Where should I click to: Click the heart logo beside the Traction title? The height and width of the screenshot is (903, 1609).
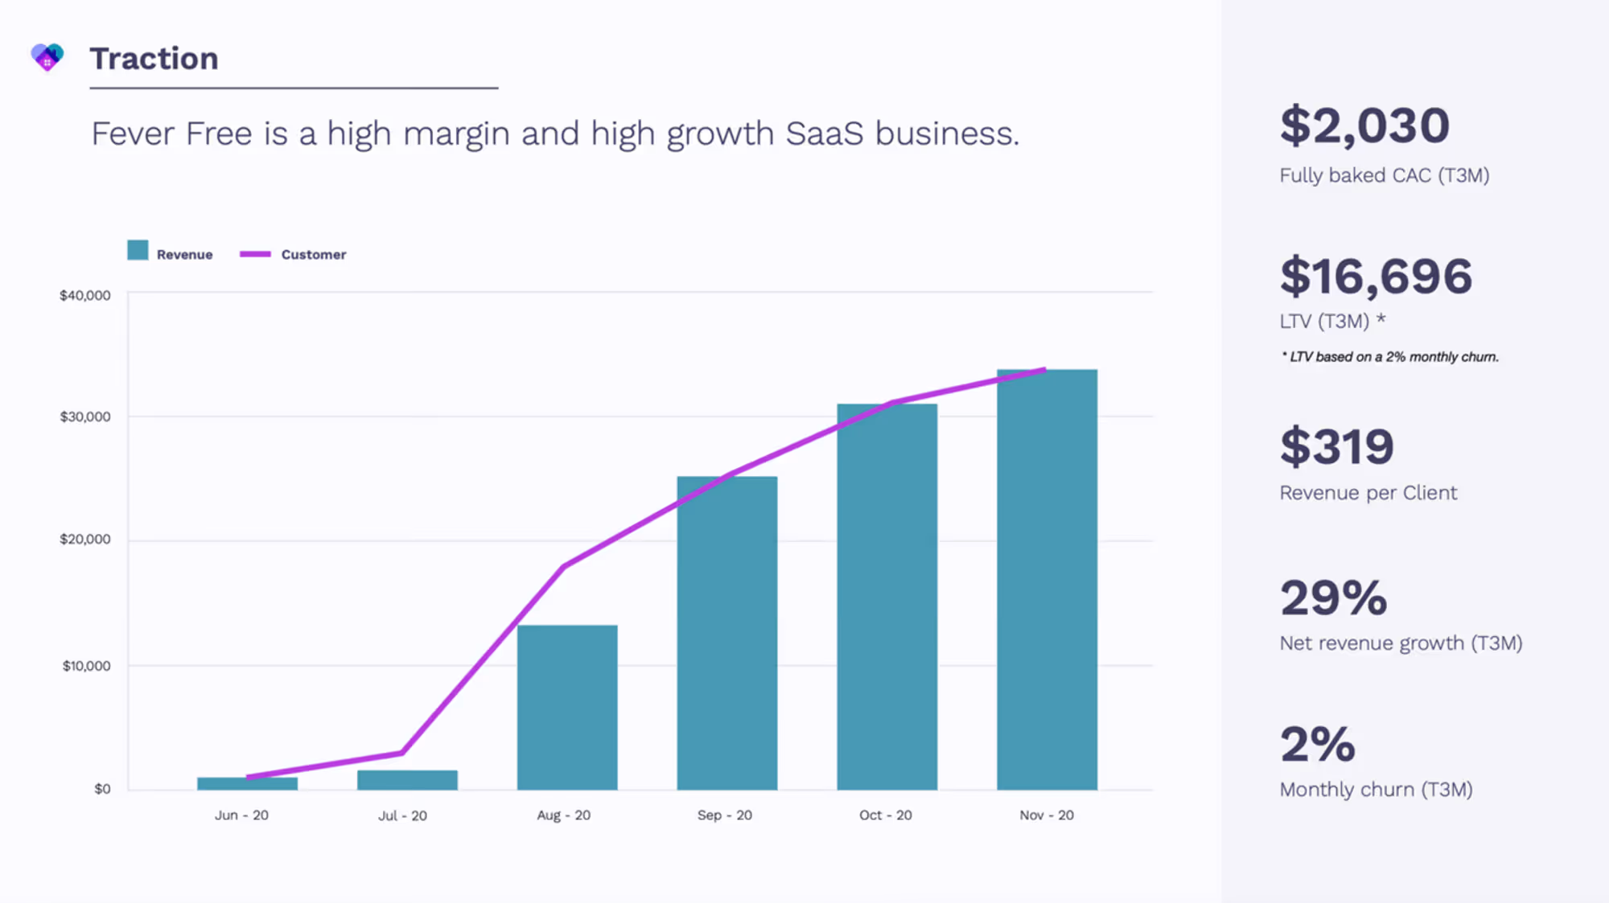click(47, 57)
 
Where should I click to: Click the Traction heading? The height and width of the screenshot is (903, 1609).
click(154, 59)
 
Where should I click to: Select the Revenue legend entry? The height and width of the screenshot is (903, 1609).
click(170, 252)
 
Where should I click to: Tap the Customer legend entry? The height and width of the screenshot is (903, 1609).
click(293, 254)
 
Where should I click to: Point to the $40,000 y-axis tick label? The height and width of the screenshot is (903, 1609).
click(85, 295)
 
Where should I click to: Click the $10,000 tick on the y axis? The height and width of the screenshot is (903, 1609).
click(87, 666)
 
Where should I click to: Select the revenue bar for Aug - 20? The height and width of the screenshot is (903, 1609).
click(567, 708)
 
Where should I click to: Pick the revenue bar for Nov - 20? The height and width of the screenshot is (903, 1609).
click(1047, 580)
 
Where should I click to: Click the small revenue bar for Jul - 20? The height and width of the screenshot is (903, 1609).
click(407, 780)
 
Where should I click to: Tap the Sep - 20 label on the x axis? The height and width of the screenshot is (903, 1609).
click(725, 815)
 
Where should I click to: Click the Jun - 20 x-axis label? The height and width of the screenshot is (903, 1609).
click(241, 815)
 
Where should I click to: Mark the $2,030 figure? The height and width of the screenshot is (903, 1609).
click(1364, 126)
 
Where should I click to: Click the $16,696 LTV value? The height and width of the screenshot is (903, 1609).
click(1376, 277)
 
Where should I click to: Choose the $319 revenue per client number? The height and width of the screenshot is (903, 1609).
click(1337, 447)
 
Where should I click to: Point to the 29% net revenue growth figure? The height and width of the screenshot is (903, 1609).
click(1334, 598)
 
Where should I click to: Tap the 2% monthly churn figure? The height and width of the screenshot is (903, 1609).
click(1318, 745)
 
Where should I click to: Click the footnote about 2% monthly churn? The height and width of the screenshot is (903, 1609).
click(1390, 357)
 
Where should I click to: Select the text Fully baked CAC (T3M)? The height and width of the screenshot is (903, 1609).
click(1385, 175)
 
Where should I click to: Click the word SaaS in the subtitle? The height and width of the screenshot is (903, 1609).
click(825, 133)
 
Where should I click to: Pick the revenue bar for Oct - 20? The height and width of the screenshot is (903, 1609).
click(887, 597)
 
